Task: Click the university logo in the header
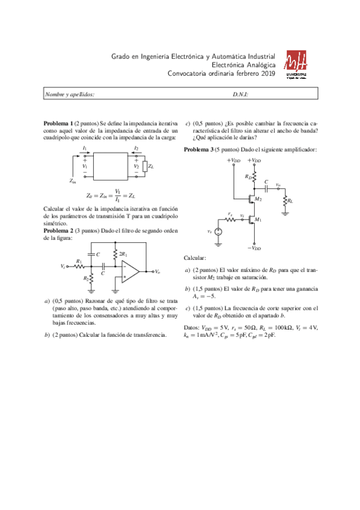tap(296, 64)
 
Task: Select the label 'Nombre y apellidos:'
tap(70, 94)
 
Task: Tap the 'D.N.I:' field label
tap(240, 94)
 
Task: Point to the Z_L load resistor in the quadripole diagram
tap(144, 166)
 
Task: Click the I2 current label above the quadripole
tap(136, 147)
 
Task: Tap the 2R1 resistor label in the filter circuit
tap(123, 254)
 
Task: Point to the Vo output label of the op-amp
tap(157, 272)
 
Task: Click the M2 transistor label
tap(258, 198)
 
